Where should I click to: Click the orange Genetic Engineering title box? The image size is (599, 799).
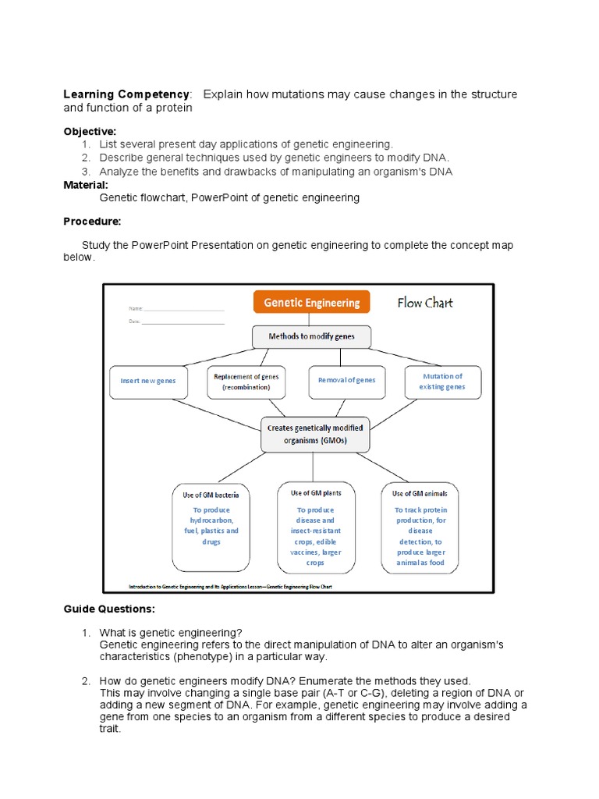pyautogui.click(x=312, y=303)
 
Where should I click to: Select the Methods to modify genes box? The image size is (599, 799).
pyautogui.click(x=311, y=336)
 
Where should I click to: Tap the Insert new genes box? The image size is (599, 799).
pyautogui.click(x=148, y=381)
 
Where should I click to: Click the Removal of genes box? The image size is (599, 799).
pyautogui.click(x=346, y=380)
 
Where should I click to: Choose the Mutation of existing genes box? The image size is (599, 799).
pyautogui.click(x=442, y=381)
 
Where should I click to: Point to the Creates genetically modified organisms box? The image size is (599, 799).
pyautogui.click(x=315, y=434)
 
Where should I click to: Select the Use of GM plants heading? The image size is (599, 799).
pyautogui.click(x=316, y=493)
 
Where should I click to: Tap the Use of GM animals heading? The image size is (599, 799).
pyautogui.click(x=420, y=493)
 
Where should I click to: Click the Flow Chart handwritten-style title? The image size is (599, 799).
pyautogui.click(x=425, y=303)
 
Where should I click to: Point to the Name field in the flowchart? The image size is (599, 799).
pyautogui.click(x=176, y=309)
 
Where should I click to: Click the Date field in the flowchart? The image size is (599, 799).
pyautogui.click(x=176, y=321)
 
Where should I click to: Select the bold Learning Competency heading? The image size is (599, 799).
pyautogui.click(x=126, y=94)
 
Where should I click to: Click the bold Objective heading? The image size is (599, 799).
pyautogui.click(x=90, y=131)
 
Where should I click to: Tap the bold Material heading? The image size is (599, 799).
pyautogui.click(x=86, y=184)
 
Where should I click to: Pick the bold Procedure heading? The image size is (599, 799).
pyautogui.click(x=92, y=222)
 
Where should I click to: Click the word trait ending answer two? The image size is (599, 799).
pyautogui.click(x=110, y=729)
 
